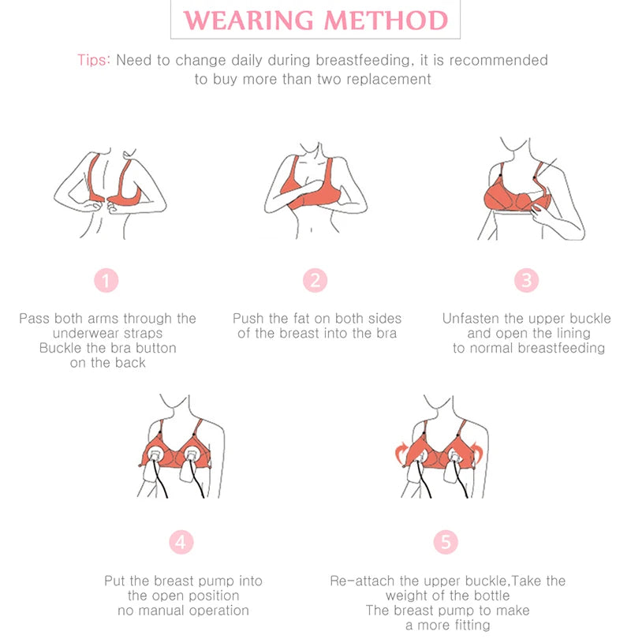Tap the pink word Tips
pyautogui.click(x=94, y=60)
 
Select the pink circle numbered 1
pyautogui.click(x=106, y=280)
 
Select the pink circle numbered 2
pyautogui.click(x=315, y=280)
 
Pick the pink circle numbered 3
pyautogui.click(x=526, y=280)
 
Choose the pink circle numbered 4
pyautogui.click(x=181, y=542)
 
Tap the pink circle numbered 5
pyautogui.click(x=446, y=542)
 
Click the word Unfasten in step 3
pyautogui.click(x=472, y=319)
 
